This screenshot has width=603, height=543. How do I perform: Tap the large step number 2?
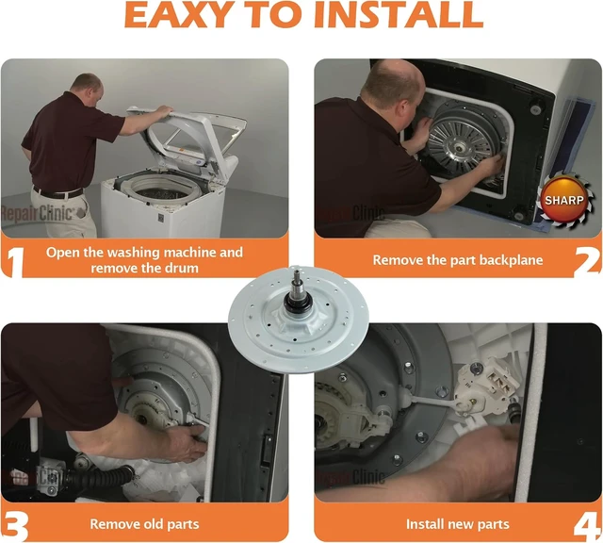(587, 260)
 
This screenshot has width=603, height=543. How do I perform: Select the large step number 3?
(15, 526)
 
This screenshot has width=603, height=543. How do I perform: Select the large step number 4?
(587, 526)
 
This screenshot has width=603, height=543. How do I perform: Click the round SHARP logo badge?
(563, 200)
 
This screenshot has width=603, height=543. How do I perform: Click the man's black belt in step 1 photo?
(57, 193)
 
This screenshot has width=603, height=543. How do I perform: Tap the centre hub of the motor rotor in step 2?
(459, 147)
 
